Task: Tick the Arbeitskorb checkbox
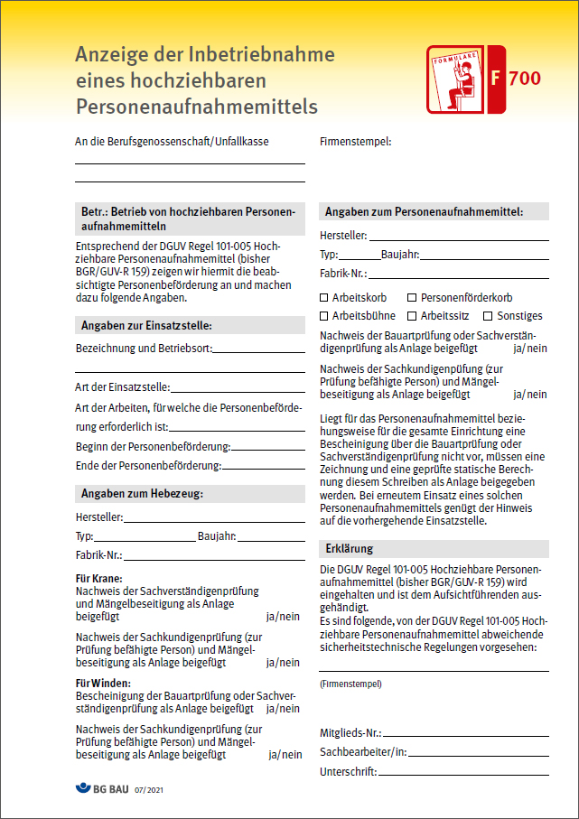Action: (x=324, y=297)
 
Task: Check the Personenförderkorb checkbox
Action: (x=412, y=297)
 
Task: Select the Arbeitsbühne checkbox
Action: (x=324, y=316)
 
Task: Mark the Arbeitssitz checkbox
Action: (x=412, y=316)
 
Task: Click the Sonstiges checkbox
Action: (x=488, y=316)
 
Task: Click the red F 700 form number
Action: (x=516, y=79)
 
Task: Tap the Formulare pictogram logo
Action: (x=454, y=82)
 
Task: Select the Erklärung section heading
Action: (x=349, y=549)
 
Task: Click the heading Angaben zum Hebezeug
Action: (x=143, y=493)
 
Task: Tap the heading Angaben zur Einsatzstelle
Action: (x=146, y=326)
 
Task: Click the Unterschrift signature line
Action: (x=462, y=775)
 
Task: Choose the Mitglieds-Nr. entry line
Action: (x=466, y=736)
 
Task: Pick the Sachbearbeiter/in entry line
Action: (x=479, y=755)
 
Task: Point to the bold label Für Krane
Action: (x=99, y=579)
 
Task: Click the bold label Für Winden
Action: (x=104, y=683)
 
